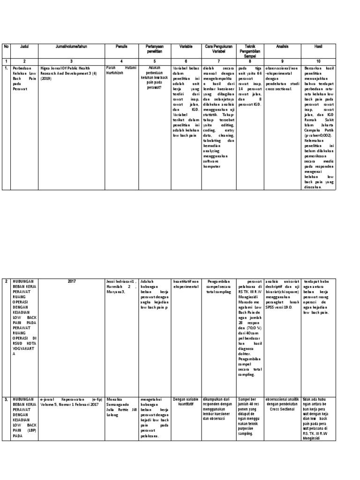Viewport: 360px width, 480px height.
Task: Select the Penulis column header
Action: tap(122, 46)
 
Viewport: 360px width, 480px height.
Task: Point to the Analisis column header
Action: tap(282, 46)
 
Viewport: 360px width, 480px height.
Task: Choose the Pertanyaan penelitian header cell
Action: tap(154, 49)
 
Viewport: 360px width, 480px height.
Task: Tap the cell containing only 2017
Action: tap(71, 282)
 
